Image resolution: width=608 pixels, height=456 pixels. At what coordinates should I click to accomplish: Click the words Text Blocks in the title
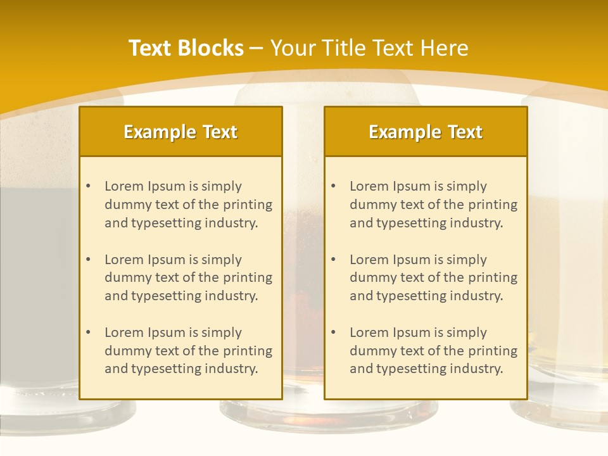click(x=186, y=48)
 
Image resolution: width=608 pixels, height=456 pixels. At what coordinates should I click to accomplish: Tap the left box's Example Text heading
click(x=180, y=132)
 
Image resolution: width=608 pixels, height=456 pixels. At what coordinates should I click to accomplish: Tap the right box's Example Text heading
click(x=426, y=132)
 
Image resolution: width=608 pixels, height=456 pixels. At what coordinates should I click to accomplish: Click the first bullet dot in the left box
click(x=88, y=186)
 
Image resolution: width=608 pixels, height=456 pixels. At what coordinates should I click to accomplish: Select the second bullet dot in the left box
click(x=88, y=260)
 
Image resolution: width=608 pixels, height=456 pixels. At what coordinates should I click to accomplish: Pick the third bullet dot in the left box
click(x=88, y=332)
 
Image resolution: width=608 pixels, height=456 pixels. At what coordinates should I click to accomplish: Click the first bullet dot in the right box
click(x=333, y=186)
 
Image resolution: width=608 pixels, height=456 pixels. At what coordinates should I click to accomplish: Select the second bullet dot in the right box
click(x=333, y=260)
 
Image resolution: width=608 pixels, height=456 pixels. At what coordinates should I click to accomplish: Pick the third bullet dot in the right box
click(x=333, y=332)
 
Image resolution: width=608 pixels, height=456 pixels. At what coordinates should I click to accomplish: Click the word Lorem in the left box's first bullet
click(x=124, y=186)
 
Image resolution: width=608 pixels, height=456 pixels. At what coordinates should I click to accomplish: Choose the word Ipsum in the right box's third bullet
click(x=410, y=332)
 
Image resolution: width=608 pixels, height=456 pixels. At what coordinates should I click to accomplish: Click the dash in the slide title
click(x=256, y=48)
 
